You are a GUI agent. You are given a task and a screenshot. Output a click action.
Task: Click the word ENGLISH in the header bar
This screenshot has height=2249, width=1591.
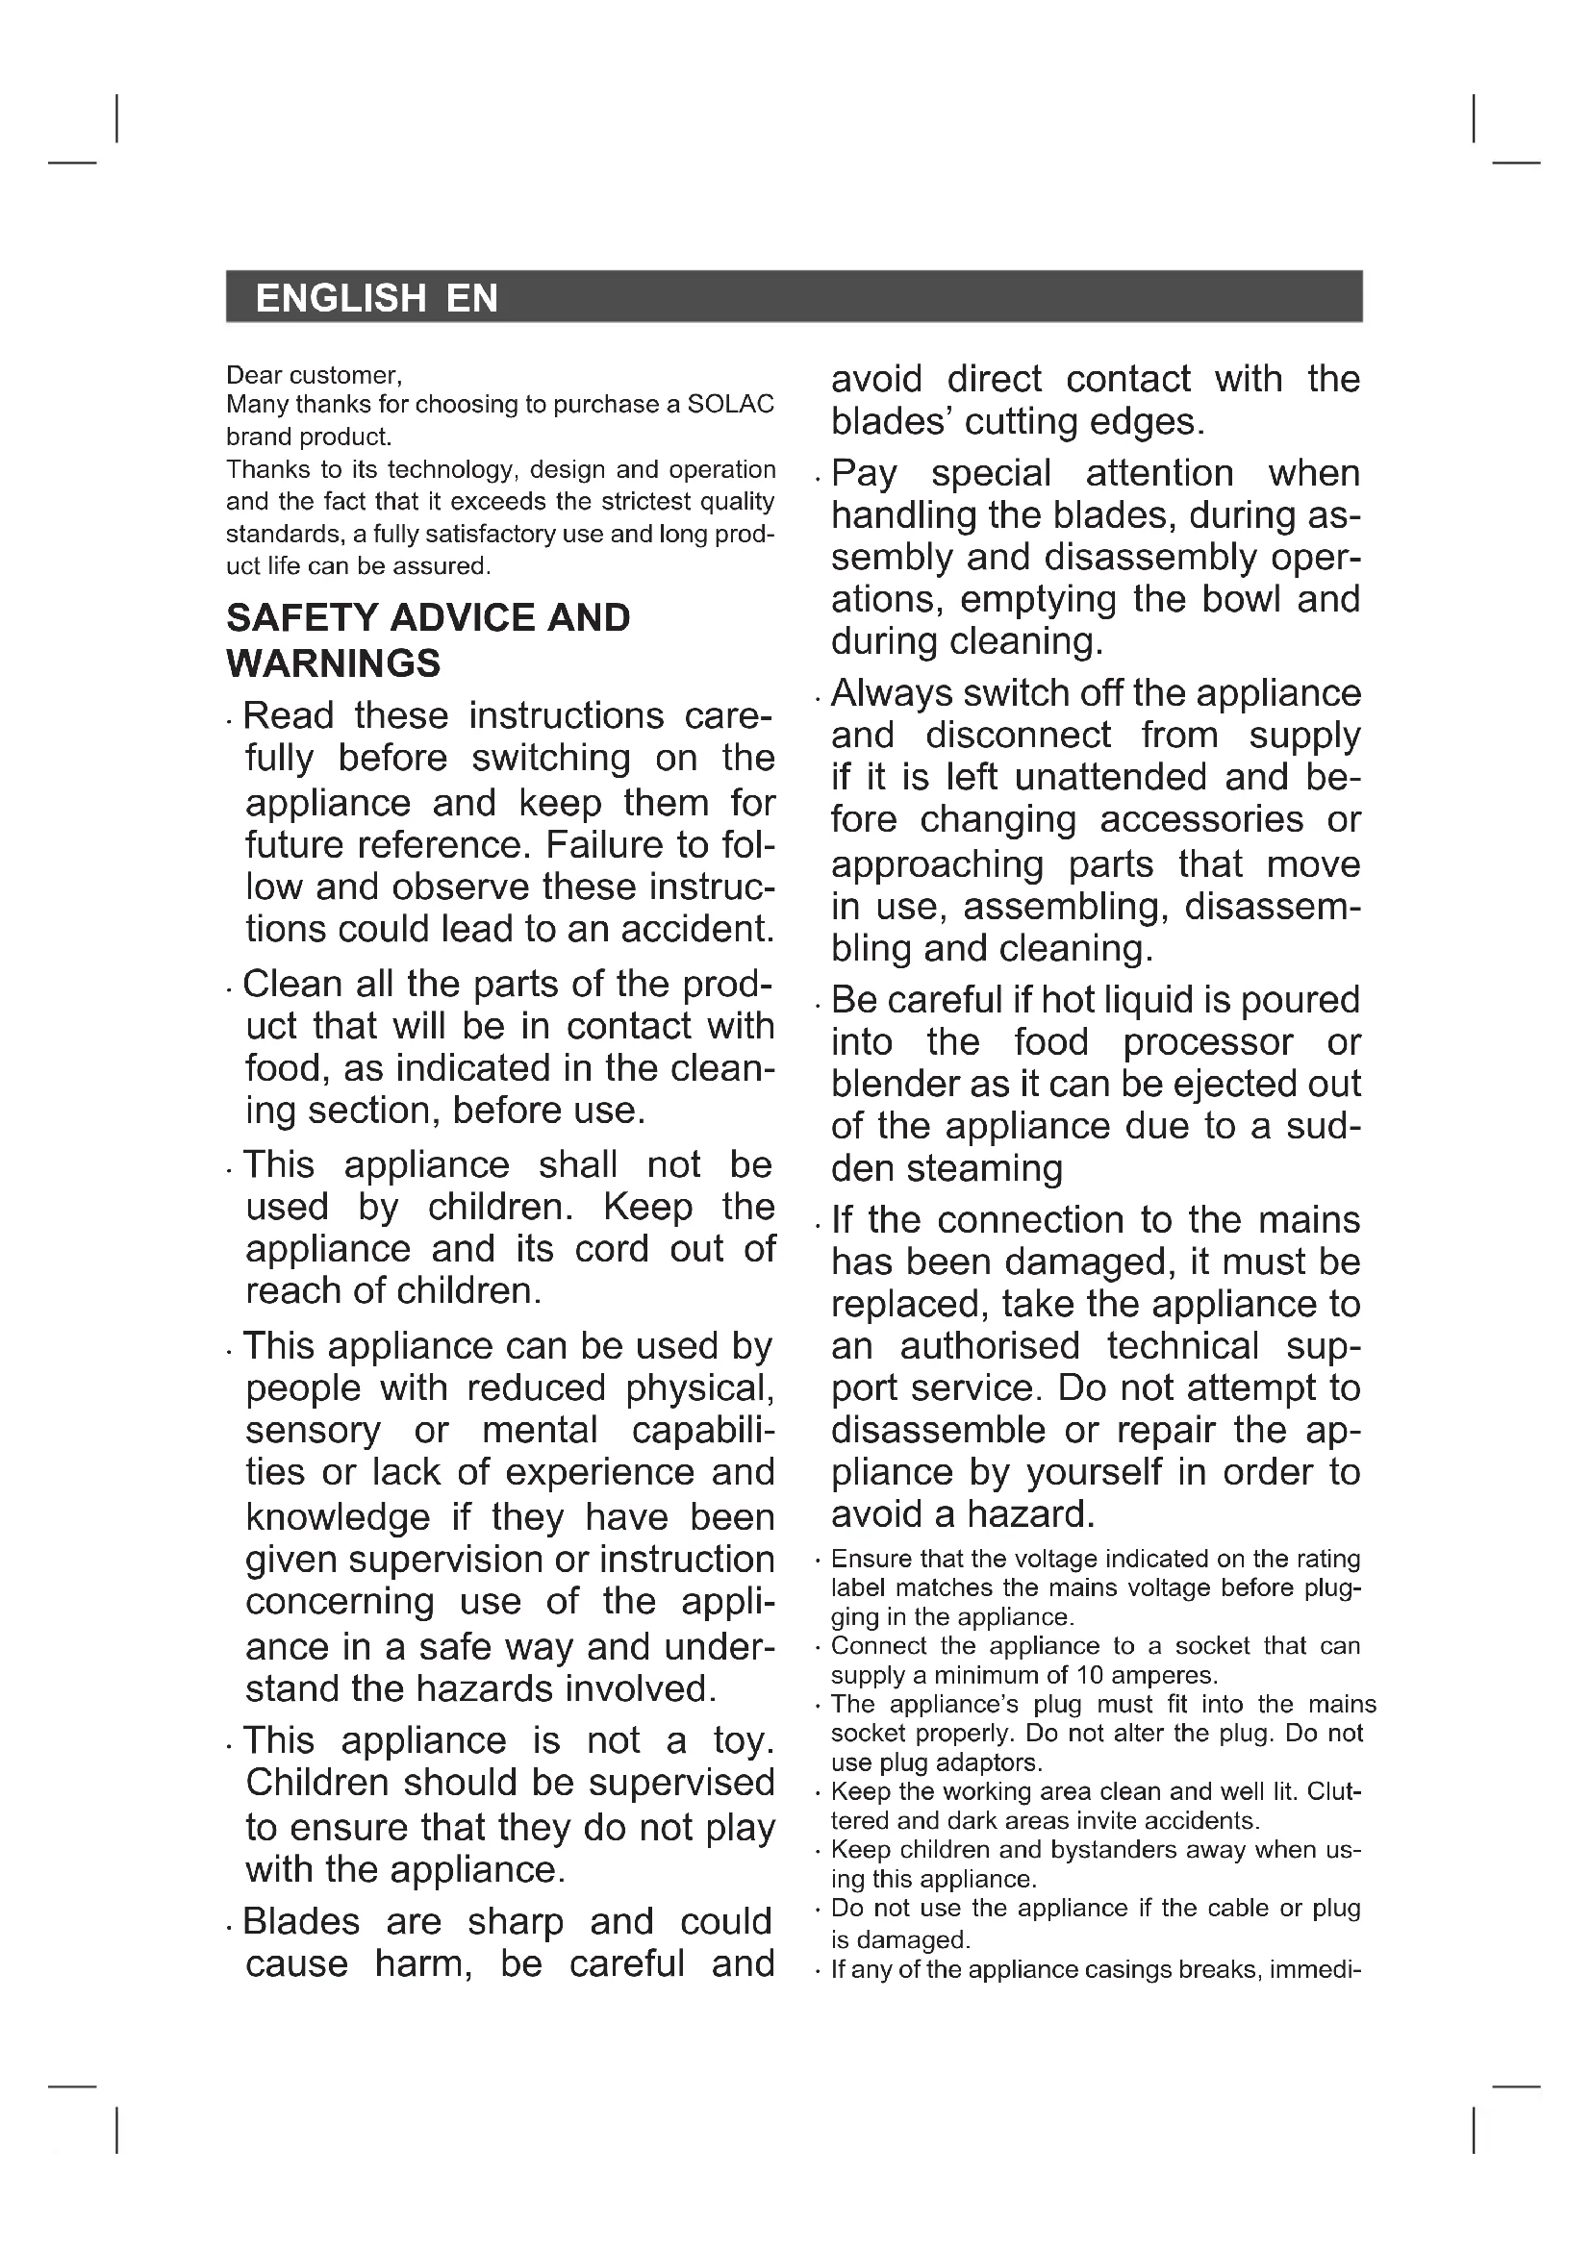[x=341, y=298]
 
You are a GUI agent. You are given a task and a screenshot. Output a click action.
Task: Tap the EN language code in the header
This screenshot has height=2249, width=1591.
[x=471, y=298]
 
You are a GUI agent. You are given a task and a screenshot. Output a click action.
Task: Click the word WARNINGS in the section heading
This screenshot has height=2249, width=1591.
[x=333, y=663]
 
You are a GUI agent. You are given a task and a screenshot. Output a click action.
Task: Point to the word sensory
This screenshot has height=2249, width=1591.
[x=313, y=1430]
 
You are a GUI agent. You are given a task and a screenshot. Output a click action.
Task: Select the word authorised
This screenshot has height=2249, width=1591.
[x=990, y=1346]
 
